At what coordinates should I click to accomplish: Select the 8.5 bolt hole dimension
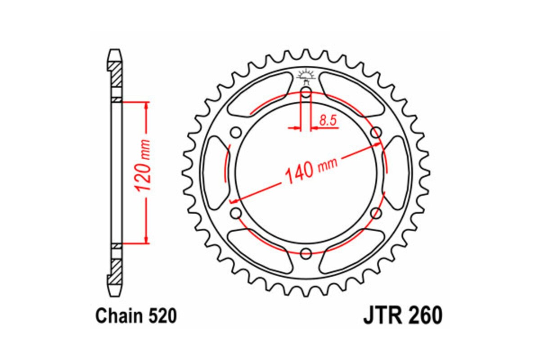[x=328, y=120]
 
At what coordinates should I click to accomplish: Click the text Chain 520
[x=135, y=316]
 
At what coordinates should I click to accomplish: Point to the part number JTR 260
[x=402, y=316]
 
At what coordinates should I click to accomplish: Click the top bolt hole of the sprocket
[x=306, y=94]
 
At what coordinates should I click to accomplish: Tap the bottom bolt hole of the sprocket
[x=306, y=253]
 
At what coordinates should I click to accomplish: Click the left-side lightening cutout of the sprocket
[x=214, y=173]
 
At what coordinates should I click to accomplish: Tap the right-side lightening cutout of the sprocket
[x=397, y=173]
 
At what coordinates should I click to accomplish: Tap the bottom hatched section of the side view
[x=116, y=270]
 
